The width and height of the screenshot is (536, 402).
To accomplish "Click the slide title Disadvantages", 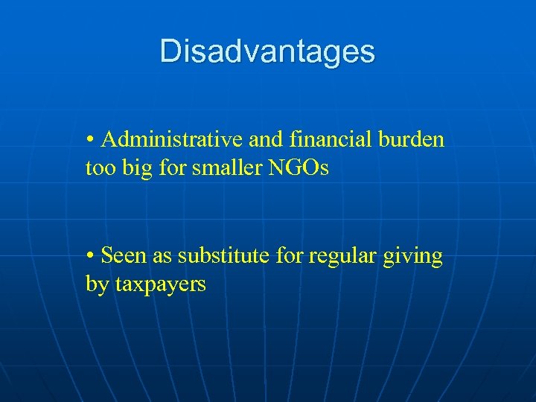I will [267, 52].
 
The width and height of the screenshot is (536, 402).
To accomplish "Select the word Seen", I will [124, 256].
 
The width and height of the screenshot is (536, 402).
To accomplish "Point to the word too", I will [99, 169].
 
